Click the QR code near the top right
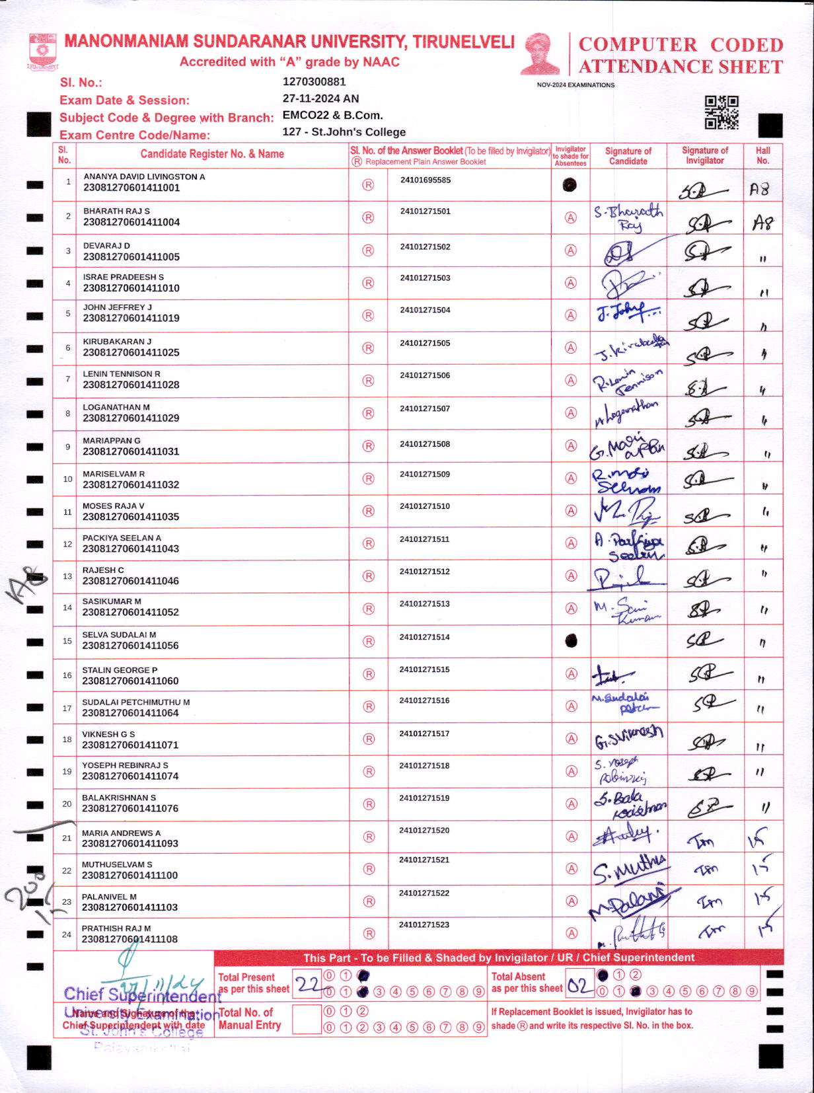(x=721, y=112)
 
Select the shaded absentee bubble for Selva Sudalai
(x=571, y=640)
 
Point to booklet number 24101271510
(x=424, y=506)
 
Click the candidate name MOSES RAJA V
(x=113, y=506)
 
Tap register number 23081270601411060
(x=130, y=681)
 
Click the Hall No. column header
(x=762, y=155)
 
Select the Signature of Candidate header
(x=628, y=155)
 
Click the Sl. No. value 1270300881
(x=314, y=82)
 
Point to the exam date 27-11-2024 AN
(x=320, y=98)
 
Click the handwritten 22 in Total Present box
(x=307, y=985)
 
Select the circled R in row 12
(x=369, y=544)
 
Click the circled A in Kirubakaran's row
(x=571, y=348)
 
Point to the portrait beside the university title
(x=540, y=54)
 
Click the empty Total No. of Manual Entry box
(x=306, y=1019)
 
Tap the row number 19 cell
(x=67, y=771)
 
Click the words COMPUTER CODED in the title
(x=681, y=45)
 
